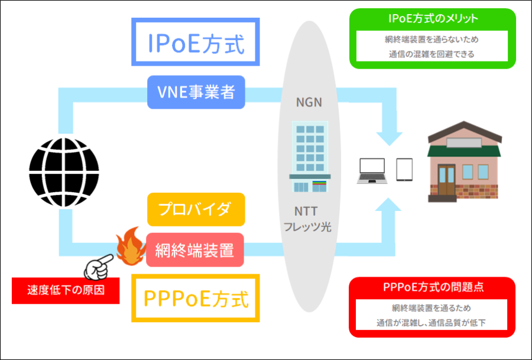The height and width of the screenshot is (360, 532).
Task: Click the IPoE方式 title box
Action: pos(195,43)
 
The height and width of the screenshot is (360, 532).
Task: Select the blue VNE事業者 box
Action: pos(196,93)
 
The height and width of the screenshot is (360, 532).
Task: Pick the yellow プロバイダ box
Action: pos(196,209)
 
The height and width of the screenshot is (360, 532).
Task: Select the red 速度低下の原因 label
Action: pos(66,290)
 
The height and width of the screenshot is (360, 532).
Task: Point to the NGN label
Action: pos(309,102)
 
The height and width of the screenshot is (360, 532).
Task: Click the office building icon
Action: pos(309,156)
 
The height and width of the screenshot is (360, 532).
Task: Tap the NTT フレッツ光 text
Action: pos(309,219)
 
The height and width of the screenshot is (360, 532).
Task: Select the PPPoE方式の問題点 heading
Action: pos(433,287)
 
